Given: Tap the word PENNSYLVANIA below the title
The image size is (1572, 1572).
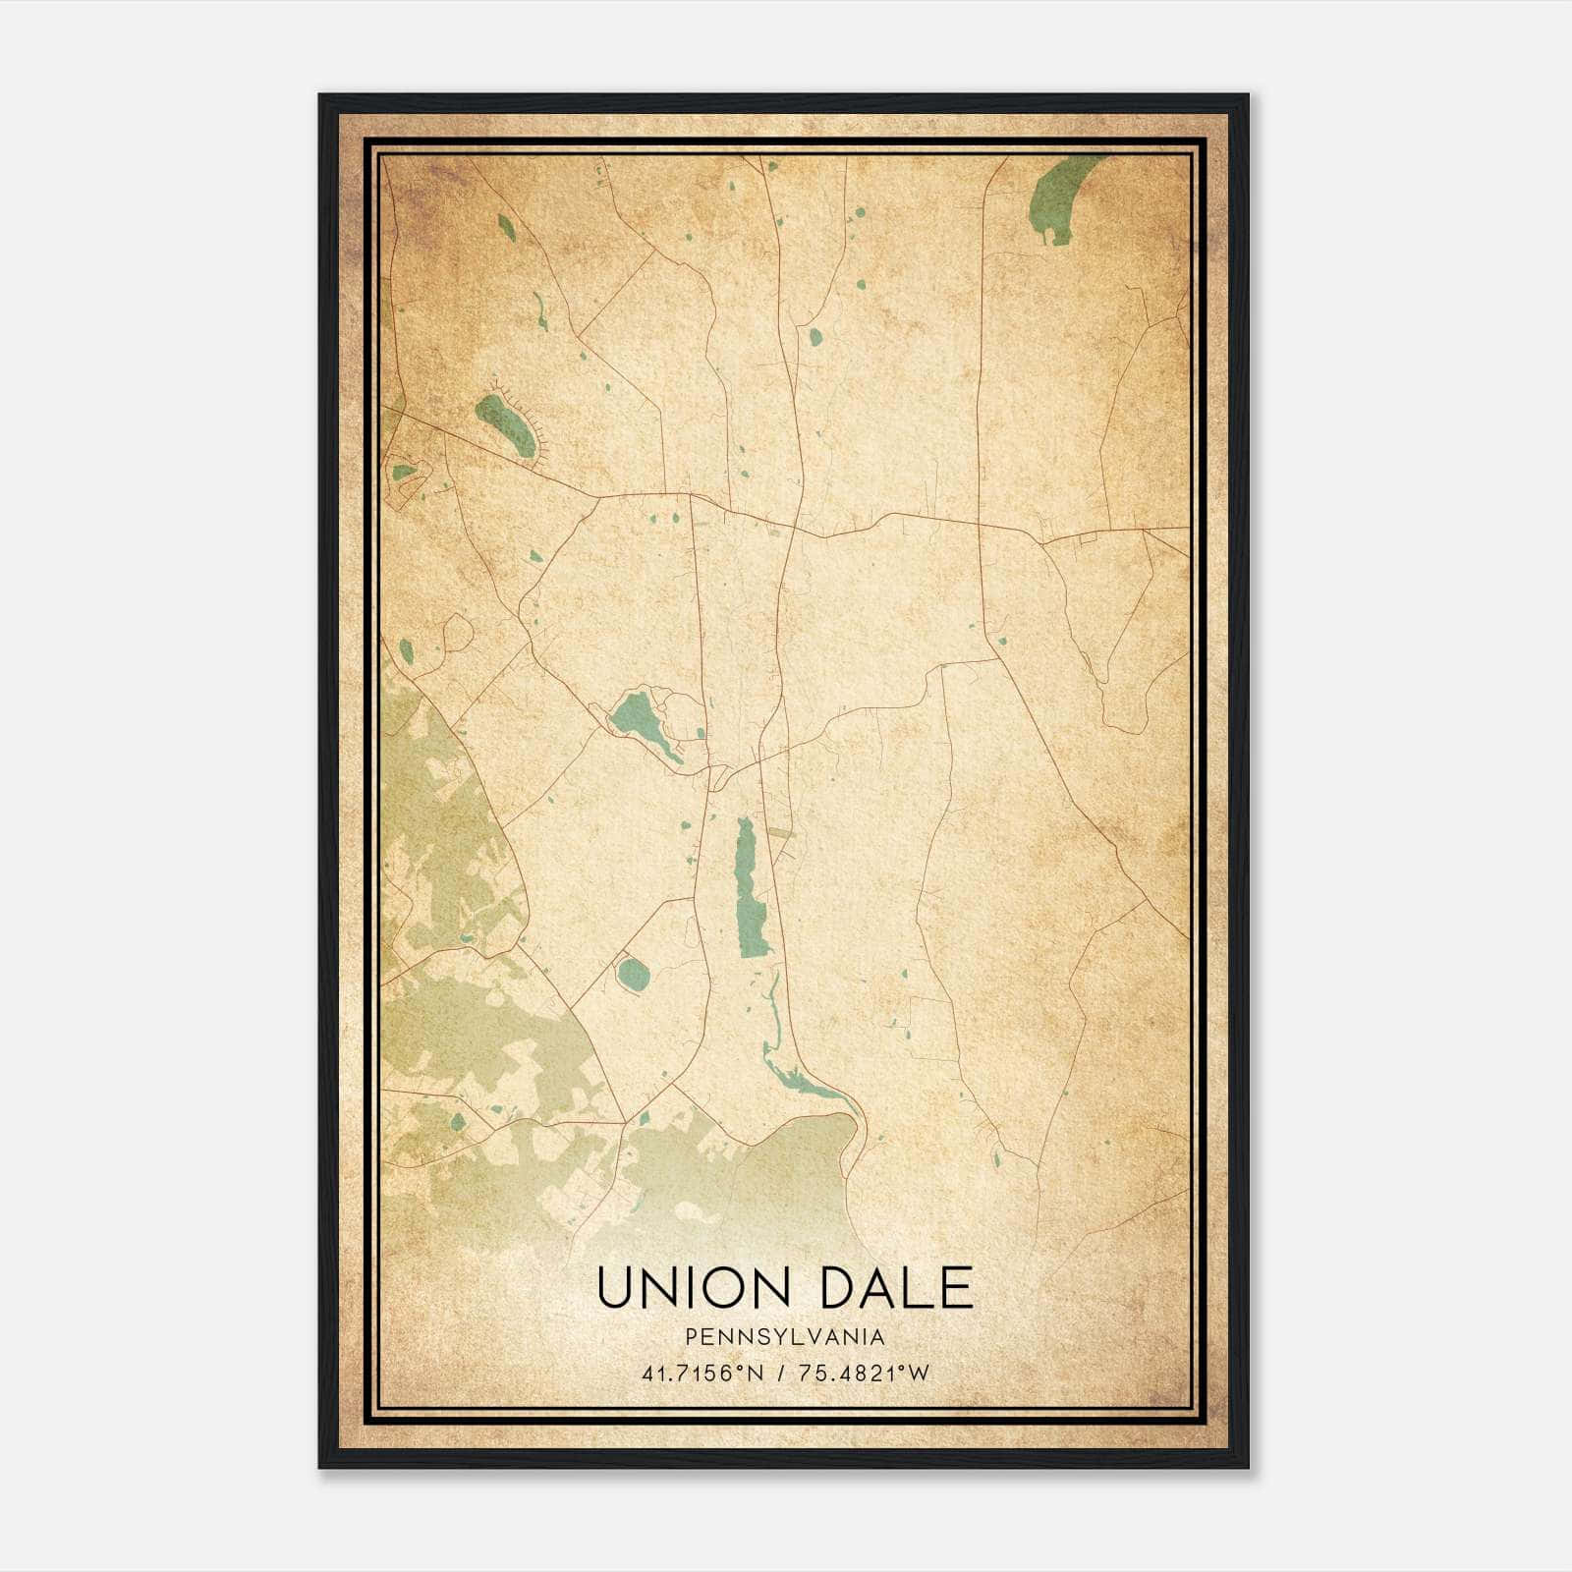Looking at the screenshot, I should (785, 1337).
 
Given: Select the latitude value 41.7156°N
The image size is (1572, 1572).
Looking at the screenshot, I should (702, 1374).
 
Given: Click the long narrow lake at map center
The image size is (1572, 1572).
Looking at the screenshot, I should (752, 889).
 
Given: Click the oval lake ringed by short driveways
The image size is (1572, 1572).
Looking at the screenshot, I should (506, 424).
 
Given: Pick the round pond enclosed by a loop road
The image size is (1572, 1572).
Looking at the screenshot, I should (633, 975).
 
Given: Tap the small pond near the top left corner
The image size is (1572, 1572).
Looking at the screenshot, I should (505, 227).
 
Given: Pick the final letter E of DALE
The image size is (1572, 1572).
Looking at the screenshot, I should (954, 1288).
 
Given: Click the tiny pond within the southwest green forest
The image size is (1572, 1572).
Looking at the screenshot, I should (457, 1121).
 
